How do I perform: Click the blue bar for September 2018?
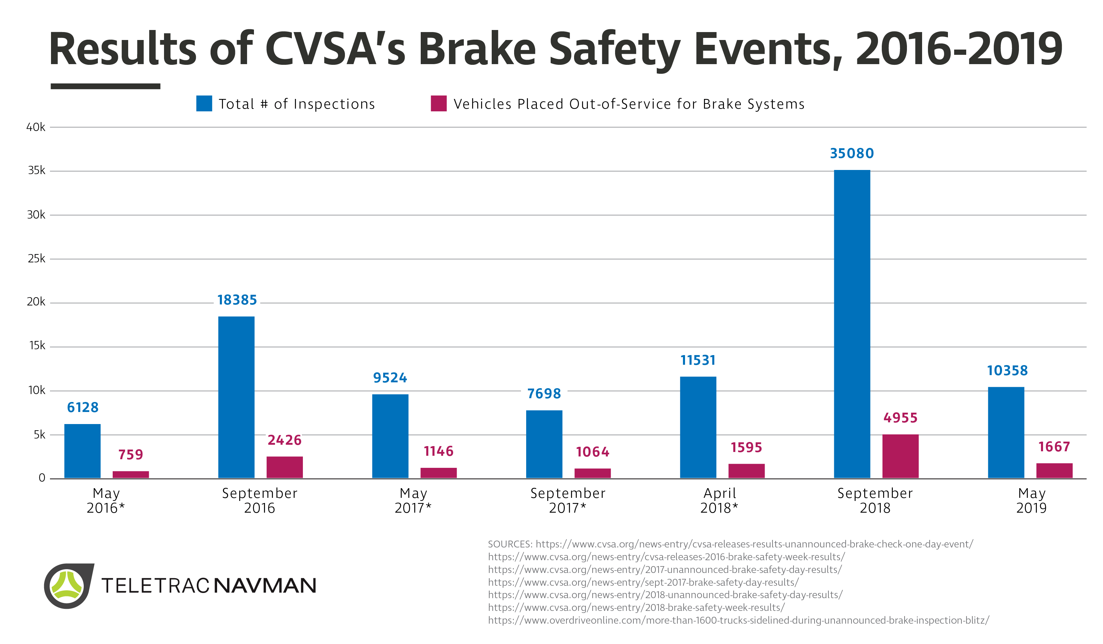852,324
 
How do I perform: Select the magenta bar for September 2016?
285,467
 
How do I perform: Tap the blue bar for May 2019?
1006,433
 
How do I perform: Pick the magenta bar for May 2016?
131,475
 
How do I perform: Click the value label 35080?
852,153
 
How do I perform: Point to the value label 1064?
593,452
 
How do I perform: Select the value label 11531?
698,360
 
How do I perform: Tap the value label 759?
131,454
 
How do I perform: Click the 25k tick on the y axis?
36,259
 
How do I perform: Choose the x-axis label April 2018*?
719,500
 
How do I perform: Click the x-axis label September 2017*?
568,500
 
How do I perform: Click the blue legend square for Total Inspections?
204,103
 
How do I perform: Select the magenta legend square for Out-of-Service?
439,103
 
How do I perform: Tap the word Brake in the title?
477,49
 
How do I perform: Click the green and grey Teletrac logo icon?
68,585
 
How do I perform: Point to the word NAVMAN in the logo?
265,586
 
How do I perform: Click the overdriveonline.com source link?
738,620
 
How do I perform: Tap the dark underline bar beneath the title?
105,86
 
